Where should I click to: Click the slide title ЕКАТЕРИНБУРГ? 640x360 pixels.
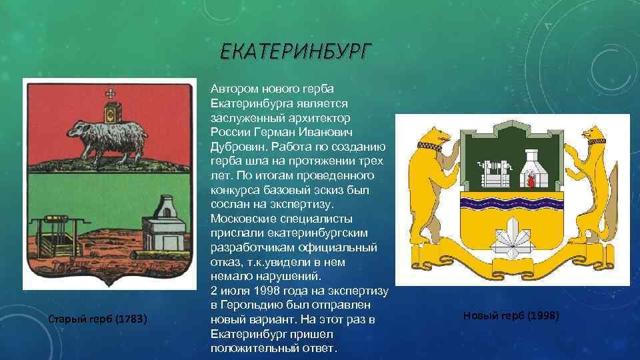point(295,52)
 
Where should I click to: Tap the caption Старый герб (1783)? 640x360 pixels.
point(97,319)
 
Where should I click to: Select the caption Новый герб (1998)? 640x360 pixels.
point(511,315)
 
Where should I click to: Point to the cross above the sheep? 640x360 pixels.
point(110,93)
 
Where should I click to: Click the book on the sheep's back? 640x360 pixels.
point(113,113)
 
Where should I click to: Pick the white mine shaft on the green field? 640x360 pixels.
point(494,173)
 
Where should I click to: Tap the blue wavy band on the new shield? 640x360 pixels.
point(512,203)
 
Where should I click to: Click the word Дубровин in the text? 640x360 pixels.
point(239,147)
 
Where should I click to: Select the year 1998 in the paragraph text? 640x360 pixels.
point(266,291)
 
